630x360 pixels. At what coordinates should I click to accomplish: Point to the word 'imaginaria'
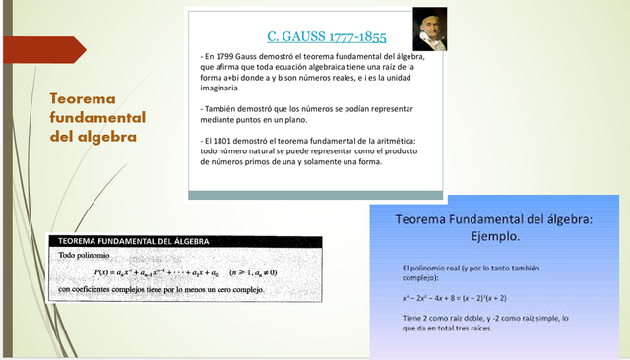pos(221,89)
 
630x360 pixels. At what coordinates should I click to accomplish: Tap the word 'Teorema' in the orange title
pos(83,99)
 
